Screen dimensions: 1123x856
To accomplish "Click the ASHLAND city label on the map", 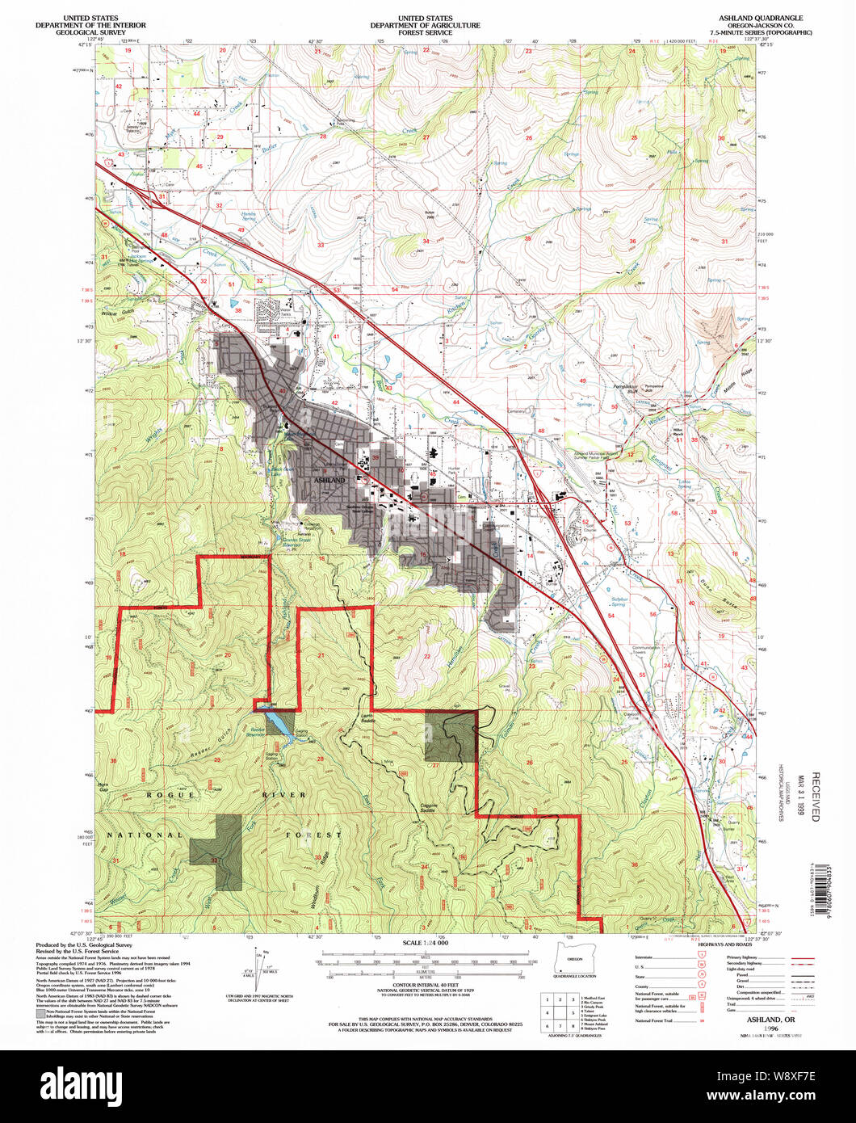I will tap(328, 480).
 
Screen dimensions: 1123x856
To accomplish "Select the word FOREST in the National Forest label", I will tap(317, 835).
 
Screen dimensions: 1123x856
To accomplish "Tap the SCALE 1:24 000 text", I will tap(425, 943).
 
